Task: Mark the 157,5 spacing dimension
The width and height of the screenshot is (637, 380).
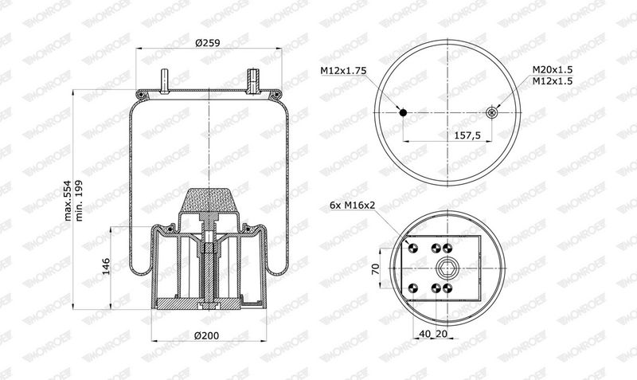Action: coord(468,135)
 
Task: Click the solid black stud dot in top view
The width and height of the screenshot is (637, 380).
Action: coord(403,113)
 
